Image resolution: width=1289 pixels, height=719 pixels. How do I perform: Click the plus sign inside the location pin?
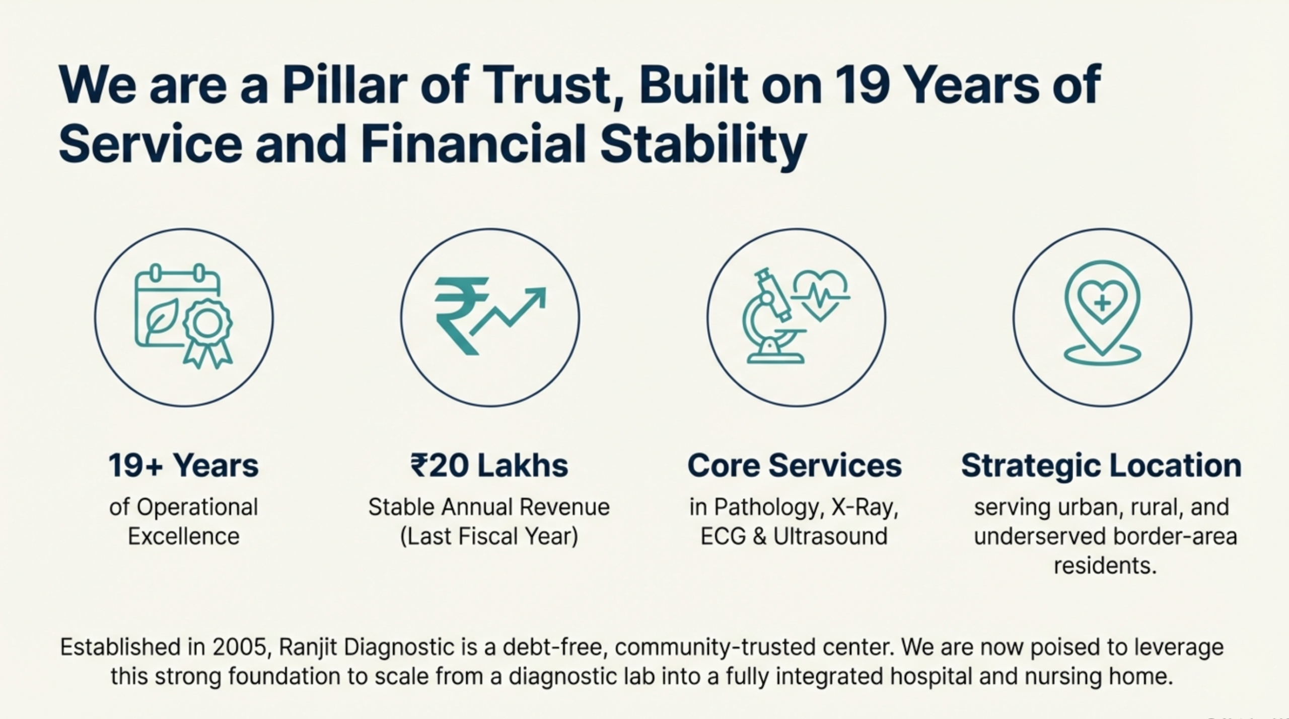[x=1103, y=303]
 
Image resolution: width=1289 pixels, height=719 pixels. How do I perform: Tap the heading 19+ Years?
[x=183, y=465]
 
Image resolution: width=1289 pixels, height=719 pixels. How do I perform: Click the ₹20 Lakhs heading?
[x=489, y=465]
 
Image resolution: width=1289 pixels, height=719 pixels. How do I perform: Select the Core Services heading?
[x=795, y=465]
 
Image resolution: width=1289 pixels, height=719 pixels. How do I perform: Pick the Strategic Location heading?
[x=1101, y=466]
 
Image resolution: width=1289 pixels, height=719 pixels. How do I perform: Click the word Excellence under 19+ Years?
[x=184, y=536]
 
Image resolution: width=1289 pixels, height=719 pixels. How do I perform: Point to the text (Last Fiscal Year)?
[x=489, y=537]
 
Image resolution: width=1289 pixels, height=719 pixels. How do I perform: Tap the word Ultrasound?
[x=830, y=536]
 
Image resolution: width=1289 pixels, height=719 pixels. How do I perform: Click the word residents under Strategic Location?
[x=1105, y=566]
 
